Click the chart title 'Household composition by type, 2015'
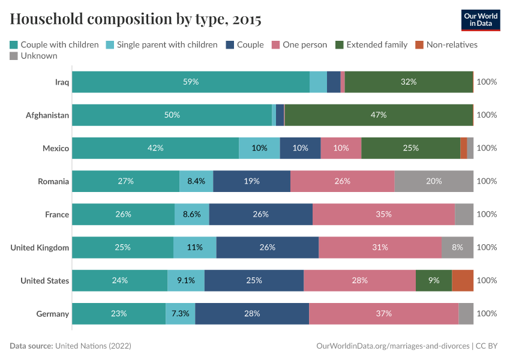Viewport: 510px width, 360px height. pyautogui.click(x=136, y=20)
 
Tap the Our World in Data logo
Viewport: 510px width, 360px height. pyautogui.click(x=481, y=20)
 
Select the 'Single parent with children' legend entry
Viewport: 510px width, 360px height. pyautogui.click(x=161, y=44)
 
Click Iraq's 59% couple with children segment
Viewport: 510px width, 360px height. pyautogui.click(x=191, y=82)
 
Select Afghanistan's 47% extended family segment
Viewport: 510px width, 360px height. pyautogui.click(x=379, y=115)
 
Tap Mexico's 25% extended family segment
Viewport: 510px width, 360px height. pyautogui.click(x=410, y=148)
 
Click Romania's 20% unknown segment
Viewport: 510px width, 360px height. pyautogui.click(x=434, y=181)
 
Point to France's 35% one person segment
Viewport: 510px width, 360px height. pyautogui.click(x=383, y=214)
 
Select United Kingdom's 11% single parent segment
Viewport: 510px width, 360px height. pyautogui.click(x=195, y=247)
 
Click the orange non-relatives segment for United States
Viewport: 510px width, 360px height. pyautogui.click(x=463, y=280)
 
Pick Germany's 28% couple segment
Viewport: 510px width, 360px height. pyautogui.click(x=252, y=313)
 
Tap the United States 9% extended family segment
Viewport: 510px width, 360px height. pyautogui.click(x=434, y=280)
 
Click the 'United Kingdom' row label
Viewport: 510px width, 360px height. pyautogui.click(x=40, y=247)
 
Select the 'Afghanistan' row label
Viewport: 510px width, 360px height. pyautogui.click(x=47, y=115)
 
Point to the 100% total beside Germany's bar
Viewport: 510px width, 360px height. pyautogui.click(x=486, y=313)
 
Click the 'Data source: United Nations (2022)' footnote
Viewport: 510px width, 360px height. pyautogui.click(x=70, y=346)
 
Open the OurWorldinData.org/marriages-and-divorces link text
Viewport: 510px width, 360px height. pyautogui.click(x=392, y=346)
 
